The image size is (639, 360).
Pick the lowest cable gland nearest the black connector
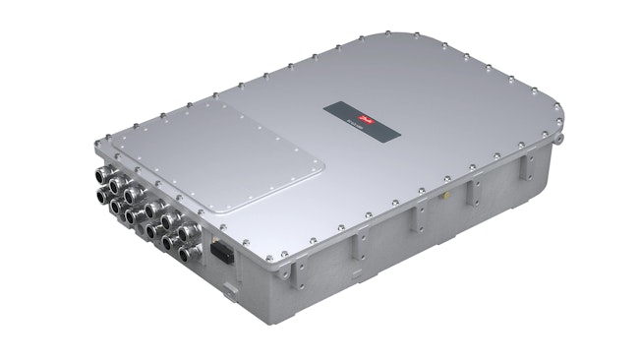[189, 254]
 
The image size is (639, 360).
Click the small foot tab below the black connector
[228, 286]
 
